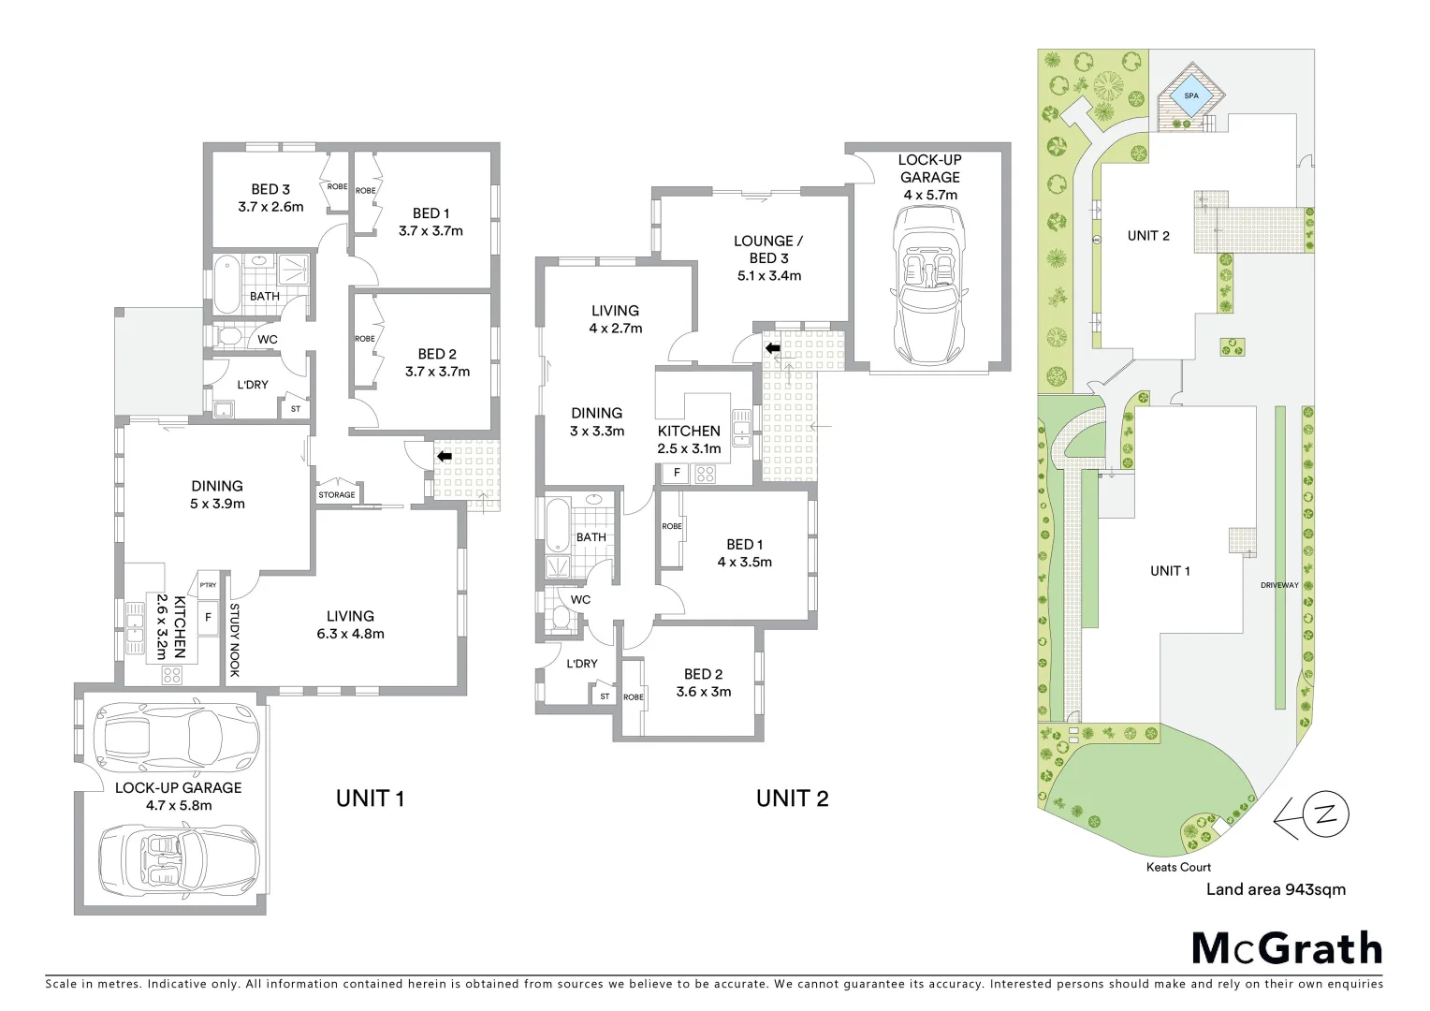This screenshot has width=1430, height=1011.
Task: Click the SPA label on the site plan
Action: point(1191,95)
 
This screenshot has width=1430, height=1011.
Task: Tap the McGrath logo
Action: point(1287,948)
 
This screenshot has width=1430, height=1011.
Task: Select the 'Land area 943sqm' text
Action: point(1276,889)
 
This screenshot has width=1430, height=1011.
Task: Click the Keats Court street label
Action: point(1178,867)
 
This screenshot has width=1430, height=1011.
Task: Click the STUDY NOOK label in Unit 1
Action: point(235,639)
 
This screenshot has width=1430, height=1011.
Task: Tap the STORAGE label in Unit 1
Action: point(337,494)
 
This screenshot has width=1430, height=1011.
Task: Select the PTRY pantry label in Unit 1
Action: point(208,585)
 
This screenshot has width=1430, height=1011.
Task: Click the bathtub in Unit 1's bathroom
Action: point(226,284)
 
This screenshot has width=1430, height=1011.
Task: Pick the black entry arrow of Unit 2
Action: point(773,348)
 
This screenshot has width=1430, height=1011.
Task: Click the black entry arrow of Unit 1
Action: point(444,457)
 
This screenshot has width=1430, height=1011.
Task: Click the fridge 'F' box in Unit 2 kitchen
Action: point(677,474)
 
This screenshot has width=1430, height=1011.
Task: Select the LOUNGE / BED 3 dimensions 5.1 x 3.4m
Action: point(769,275)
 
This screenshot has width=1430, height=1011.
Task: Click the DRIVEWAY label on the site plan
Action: point(1279,585)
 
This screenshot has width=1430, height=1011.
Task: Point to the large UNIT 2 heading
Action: point(792,799)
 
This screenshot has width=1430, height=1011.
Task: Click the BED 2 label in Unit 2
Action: point(703,674)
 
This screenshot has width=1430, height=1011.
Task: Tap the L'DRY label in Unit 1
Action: point(253,385)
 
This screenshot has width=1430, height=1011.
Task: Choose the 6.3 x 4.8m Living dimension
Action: point(350,634)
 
